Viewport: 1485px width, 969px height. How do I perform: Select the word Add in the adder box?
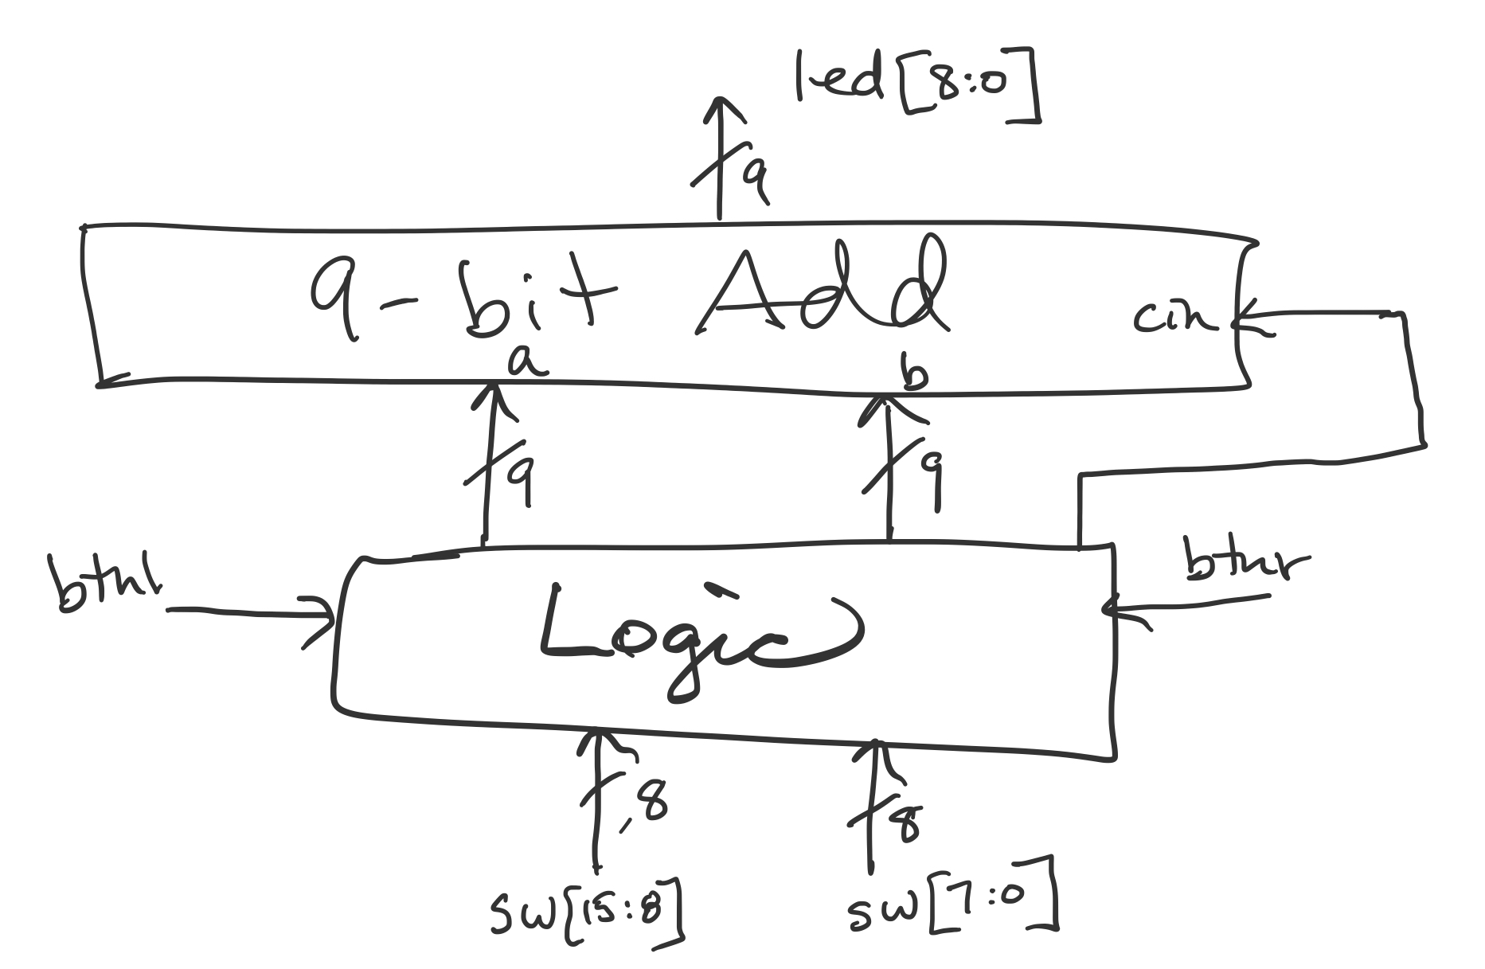[x=820, y=295]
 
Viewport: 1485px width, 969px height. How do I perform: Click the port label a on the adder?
[x=526, y=362]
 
